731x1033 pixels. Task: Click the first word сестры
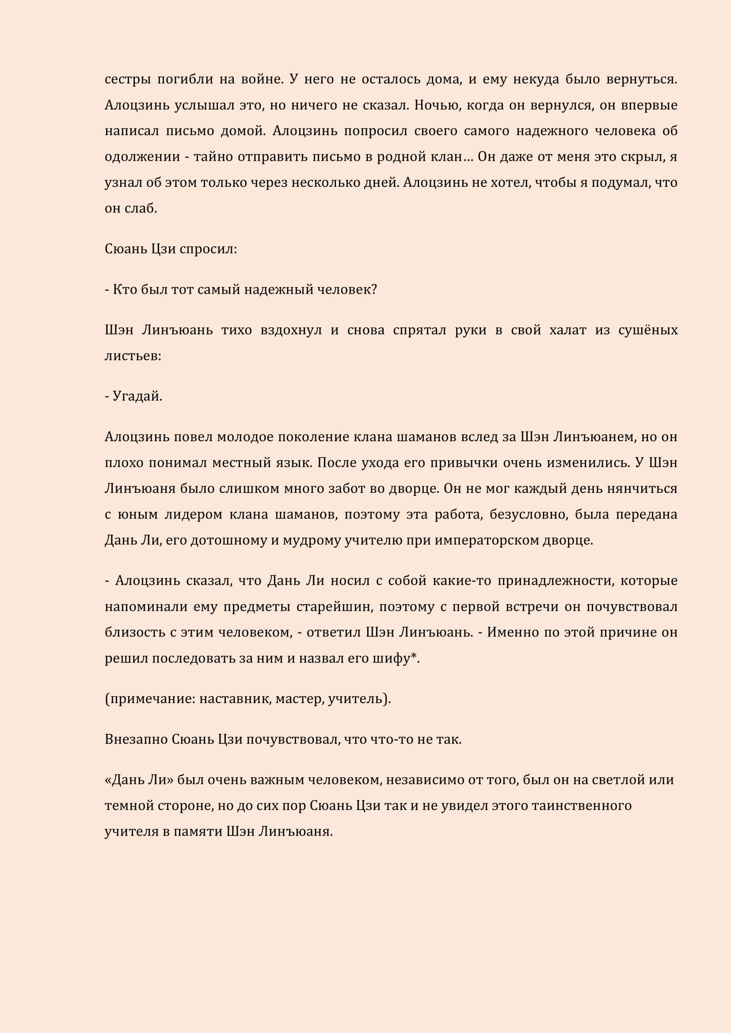coord(127,79)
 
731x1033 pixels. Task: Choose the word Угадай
coord(137,396)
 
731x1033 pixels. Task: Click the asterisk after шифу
coord(414,657)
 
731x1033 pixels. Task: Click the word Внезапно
coord(136,739)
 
